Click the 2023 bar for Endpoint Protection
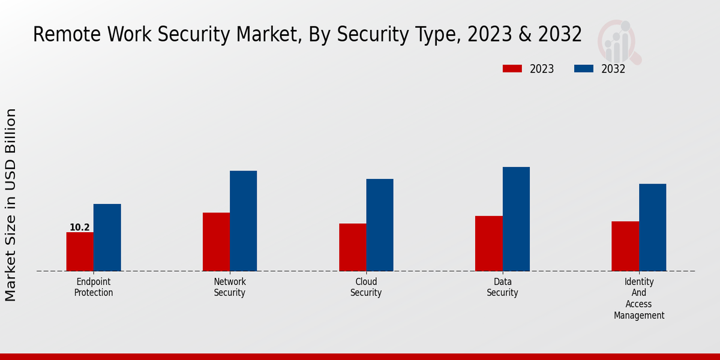(80, 251)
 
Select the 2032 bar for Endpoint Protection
(107, 238)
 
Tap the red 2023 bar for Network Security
(216, 242)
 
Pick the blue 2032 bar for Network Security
(243, 221)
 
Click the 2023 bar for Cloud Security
(352, 247)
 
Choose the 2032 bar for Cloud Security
(380, 225)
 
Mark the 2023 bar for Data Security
(488, 244)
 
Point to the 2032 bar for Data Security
(516, 219)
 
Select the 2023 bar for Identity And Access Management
(625, 246)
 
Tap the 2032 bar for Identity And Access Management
(652, 227)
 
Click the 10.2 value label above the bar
(80, 227)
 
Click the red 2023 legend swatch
(512, 69)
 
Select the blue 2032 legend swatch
(584, 69)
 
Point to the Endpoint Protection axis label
(94, 287)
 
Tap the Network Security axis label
(230, 287)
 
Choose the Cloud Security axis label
(366, 287)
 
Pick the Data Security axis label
(502, 287)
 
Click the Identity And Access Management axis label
(639, 298)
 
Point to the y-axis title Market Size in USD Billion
(11, 205)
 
